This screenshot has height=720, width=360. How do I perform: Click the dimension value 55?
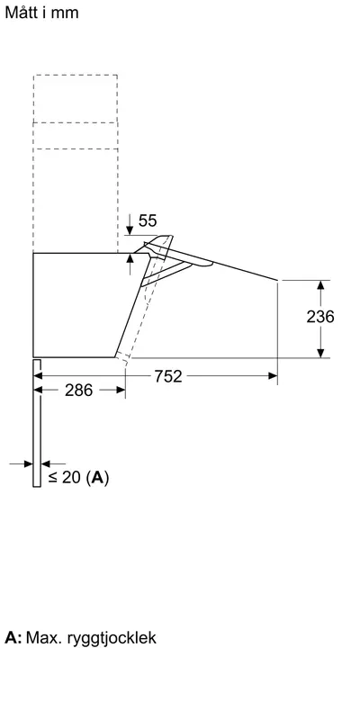click(148, 220)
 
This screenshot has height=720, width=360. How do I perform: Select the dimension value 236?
click(320, 317)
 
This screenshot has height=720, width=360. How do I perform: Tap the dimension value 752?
click(168, 376)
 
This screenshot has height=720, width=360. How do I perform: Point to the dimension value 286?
click(78, 391)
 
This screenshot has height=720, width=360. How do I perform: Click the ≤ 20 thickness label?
click(65, 478)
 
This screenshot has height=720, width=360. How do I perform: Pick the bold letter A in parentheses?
click(97, 478)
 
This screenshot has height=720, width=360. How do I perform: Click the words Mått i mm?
click(41, 13)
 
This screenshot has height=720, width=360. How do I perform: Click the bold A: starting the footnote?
click(13, 637)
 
